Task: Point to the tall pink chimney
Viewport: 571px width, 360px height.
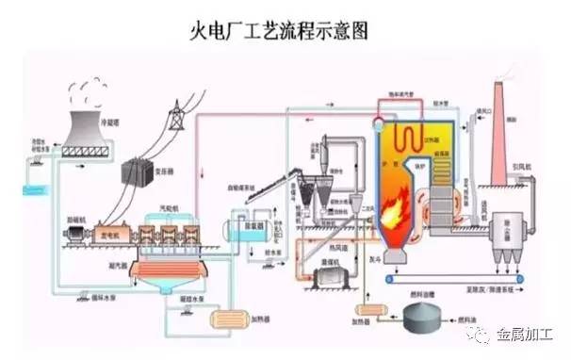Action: pyautogui.click(x=498, y=132)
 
